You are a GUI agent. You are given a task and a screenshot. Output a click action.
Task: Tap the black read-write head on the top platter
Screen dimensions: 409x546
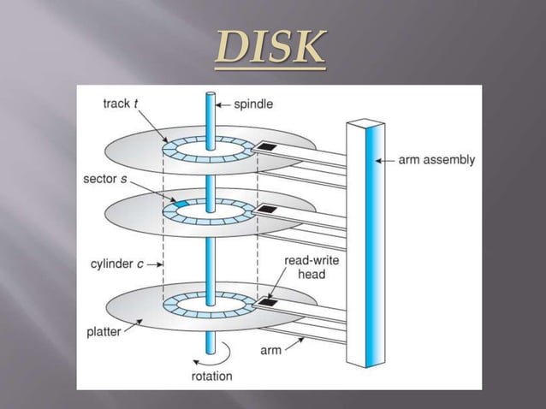(x=267, y=147)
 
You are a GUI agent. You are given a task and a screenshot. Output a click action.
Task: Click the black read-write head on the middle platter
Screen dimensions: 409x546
(x=267, y=209)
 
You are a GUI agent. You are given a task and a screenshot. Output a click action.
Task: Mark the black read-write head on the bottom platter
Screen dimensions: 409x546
(x=267, y=301)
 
